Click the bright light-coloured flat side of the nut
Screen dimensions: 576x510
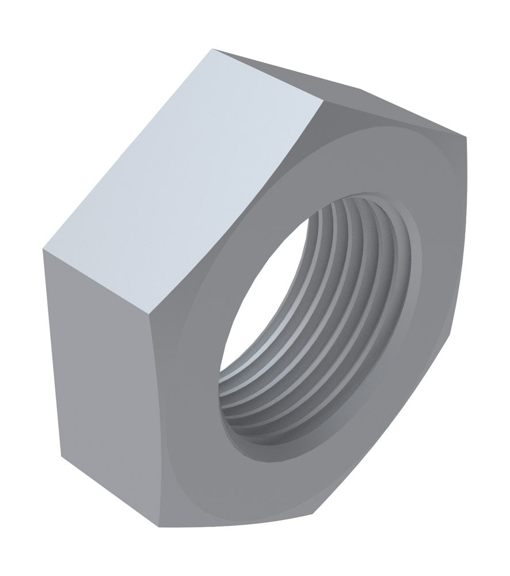pyautogui.click(x=178, y=173)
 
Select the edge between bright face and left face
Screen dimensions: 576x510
pyautogui.click(x=101, y=281)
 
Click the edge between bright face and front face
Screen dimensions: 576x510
pyautogui.click(x=242, y=207)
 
